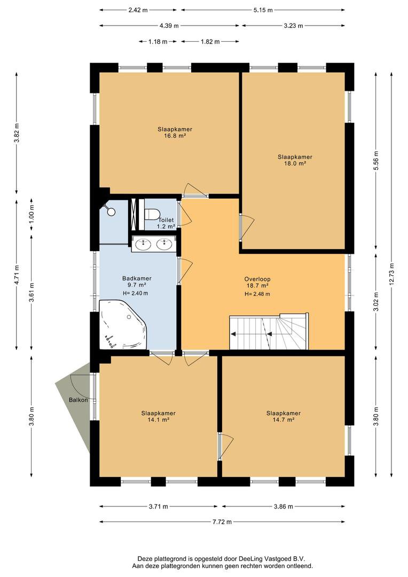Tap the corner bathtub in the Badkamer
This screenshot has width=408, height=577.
(x=122, y=324)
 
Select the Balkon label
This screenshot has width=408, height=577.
(x=79, y=400)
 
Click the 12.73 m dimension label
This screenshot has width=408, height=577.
(x=391, y=274)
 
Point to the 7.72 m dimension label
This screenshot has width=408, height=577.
(x=222, y=522)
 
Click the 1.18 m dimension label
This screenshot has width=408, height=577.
(x=158, y=42)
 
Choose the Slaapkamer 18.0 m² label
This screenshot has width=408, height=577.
(x=295, y=160)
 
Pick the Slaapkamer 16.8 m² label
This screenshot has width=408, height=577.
(x=175, y=132)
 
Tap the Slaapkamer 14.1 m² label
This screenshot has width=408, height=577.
(x=158, y=416)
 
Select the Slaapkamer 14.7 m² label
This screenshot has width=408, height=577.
(x=283, y=416)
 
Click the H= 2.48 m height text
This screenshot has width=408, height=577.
(x=257, y=294)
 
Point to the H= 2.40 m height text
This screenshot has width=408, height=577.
(x=136, y=293)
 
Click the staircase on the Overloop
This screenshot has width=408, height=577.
(x=269, y=332)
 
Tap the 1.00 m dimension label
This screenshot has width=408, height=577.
(x=32, y=215)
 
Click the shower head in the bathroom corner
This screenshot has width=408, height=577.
(x=111, y=211)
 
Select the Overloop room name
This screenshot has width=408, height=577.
(x=257, y=279)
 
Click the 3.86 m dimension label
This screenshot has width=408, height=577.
(x=283, y=506)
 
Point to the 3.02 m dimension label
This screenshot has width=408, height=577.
(x=376, y=302)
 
